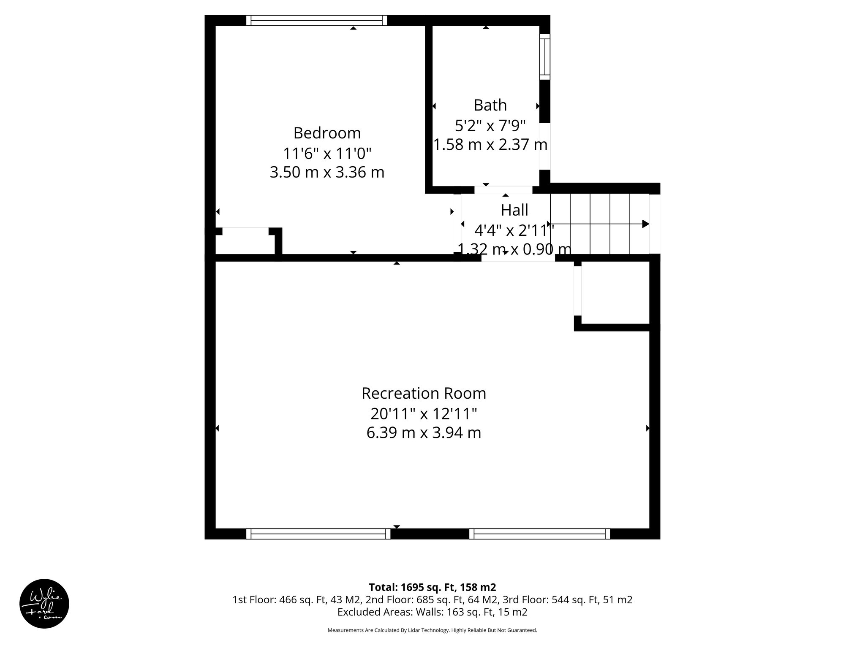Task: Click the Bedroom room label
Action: (327, 133)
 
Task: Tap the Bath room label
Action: (490, 105)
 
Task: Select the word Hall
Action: (514, 210)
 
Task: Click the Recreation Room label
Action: (424, 393)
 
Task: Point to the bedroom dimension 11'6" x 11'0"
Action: (327, 153)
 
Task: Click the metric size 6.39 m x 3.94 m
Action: (424, 433)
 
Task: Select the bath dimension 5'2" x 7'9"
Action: (490, 125)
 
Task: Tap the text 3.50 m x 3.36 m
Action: (327, 173)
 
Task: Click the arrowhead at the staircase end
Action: (645, 224)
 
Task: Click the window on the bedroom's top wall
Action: (316, 20)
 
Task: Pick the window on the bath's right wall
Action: (545, 57)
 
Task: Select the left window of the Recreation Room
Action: (318, 534)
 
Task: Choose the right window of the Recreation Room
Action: (540, 534)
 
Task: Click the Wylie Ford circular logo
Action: (44, 604)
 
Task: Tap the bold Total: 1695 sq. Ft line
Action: (432, 587)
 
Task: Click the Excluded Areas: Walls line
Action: (432, 612)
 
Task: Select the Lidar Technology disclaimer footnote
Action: (432, 630)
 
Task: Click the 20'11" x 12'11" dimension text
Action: (424, 414)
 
